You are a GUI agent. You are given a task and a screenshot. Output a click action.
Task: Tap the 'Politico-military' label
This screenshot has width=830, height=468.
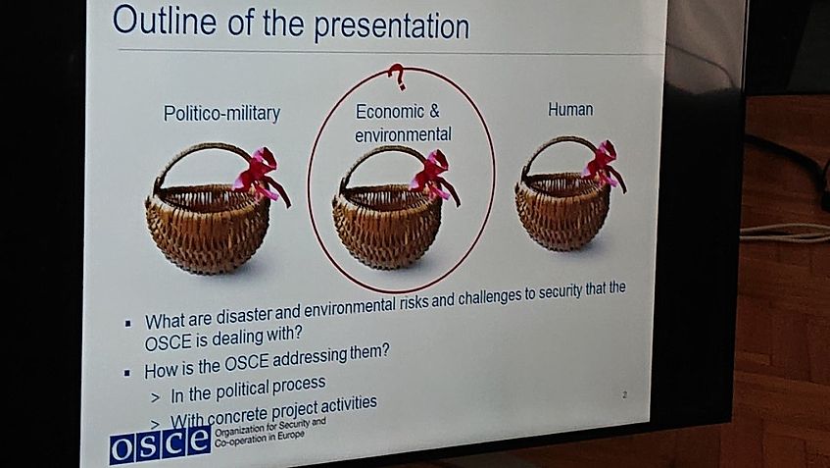point(221,114)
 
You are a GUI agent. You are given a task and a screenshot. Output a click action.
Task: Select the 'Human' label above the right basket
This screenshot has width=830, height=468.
point(570,109)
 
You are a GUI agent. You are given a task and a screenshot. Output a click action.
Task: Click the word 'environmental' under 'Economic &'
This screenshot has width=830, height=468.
point(403,134)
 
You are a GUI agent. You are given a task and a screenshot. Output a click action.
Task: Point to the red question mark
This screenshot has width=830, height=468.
point(397,77)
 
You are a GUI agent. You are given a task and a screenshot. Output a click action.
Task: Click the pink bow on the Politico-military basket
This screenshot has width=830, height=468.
point(261,174)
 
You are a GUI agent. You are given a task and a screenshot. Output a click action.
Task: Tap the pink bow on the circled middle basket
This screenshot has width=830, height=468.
point(434,174)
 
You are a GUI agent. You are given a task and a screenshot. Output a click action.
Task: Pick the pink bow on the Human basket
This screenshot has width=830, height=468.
point(604,163)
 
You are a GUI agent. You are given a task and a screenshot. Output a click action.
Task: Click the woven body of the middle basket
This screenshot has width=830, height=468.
point(386,227)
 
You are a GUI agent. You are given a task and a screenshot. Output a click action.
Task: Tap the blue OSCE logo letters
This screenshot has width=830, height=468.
point(160,444)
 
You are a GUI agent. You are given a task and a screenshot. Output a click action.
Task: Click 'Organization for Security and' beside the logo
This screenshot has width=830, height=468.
point(269,426)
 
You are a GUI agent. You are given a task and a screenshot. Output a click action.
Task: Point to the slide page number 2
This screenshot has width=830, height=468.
point(624,394)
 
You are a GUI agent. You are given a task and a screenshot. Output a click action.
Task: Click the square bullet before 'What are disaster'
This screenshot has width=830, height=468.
point(127,323)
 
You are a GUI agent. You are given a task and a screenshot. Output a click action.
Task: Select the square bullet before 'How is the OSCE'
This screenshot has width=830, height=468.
point(127,373)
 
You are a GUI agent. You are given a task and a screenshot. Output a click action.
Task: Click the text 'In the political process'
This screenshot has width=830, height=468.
point(248,390)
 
